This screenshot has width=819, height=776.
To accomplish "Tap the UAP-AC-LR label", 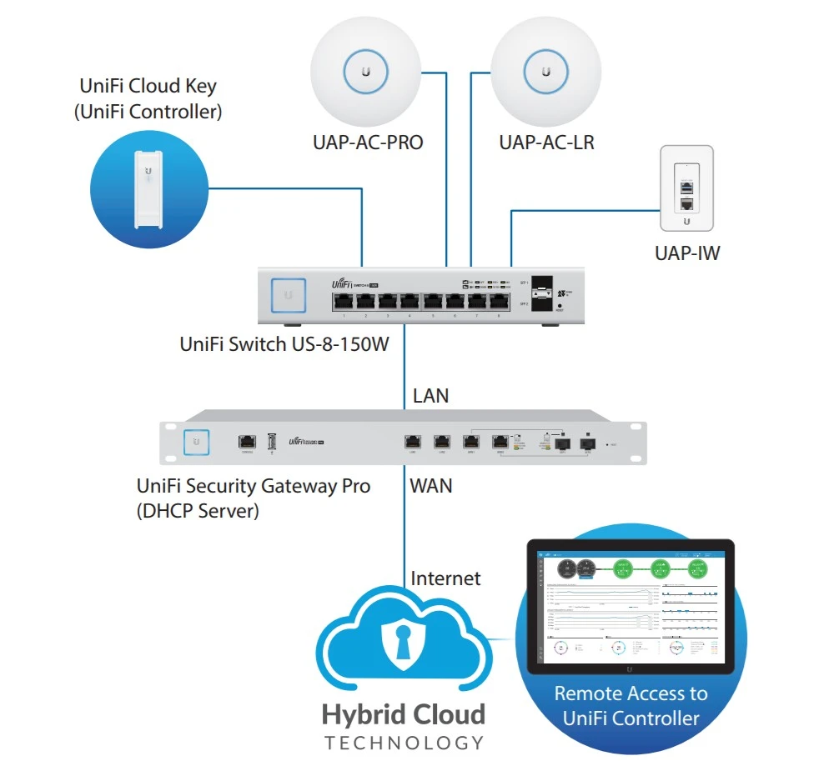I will point(546,143).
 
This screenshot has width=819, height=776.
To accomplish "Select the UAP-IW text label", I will point(687,253).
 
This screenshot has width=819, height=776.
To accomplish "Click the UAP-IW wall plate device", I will point(686,189).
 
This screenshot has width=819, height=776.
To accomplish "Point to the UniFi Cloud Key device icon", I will point(148,188).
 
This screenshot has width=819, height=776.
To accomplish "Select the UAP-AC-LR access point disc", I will point(546,71).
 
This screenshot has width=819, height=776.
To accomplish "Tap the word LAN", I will point(430,395).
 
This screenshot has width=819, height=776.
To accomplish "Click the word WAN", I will point(431,485).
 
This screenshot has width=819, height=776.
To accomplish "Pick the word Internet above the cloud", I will point(445,578).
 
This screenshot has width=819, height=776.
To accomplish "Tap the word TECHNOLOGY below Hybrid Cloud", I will point(404,742).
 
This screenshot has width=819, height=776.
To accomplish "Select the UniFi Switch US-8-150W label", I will point(284,343).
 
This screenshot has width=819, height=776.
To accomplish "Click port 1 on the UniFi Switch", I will point(343,303).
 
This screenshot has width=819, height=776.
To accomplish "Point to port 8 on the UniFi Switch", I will point(500,303).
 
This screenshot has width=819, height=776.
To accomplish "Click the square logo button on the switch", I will point(288,295).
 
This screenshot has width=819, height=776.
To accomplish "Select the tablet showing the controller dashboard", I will point(631,608).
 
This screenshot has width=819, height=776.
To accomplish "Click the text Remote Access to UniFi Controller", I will point(631,705).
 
